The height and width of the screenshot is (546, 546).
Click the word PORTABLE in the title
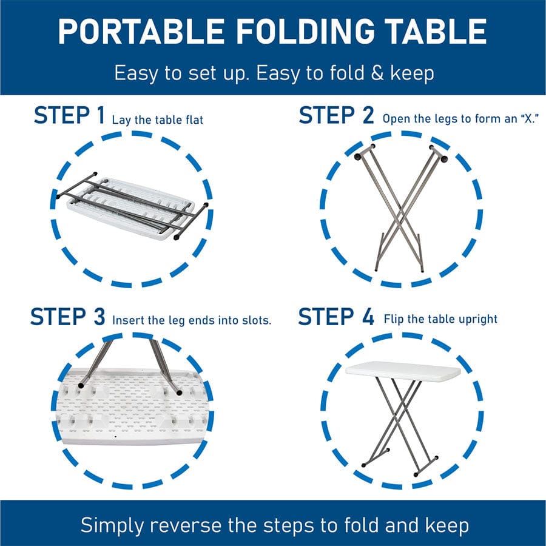(141, 32)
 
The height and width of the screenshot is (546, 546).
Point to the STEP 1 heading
(69, 115)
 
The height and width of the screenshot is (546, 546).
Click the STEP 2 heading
(336, 115)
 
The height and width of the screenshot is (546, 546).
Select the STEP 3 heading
(67, 317)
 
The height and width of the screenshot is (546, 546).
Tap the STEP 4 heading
(336, 317)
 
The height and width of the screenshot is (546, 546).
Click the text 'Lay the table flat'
(157, 120)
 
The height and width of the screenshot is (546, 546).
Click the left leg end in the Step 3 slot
(81, 385)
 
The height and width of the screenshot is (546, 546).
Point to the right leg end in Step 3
(180, 393)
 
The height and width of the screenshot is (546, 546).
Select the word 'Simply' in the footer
(112, 525)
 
